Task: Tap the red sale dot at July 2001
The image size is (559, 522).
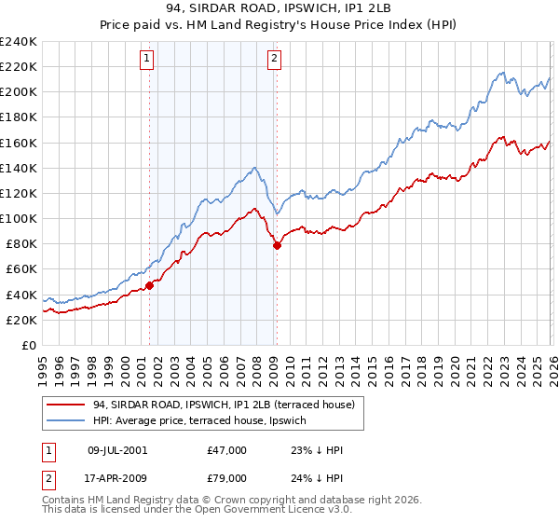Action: pyautogui.click(x=149, y=285)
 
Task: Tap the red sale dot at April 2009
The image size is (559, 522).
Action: pyautogui.click(x=277, y=245)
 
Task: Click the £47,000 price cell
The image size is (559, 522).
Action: pyautogui.click(x=226, y=450)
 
